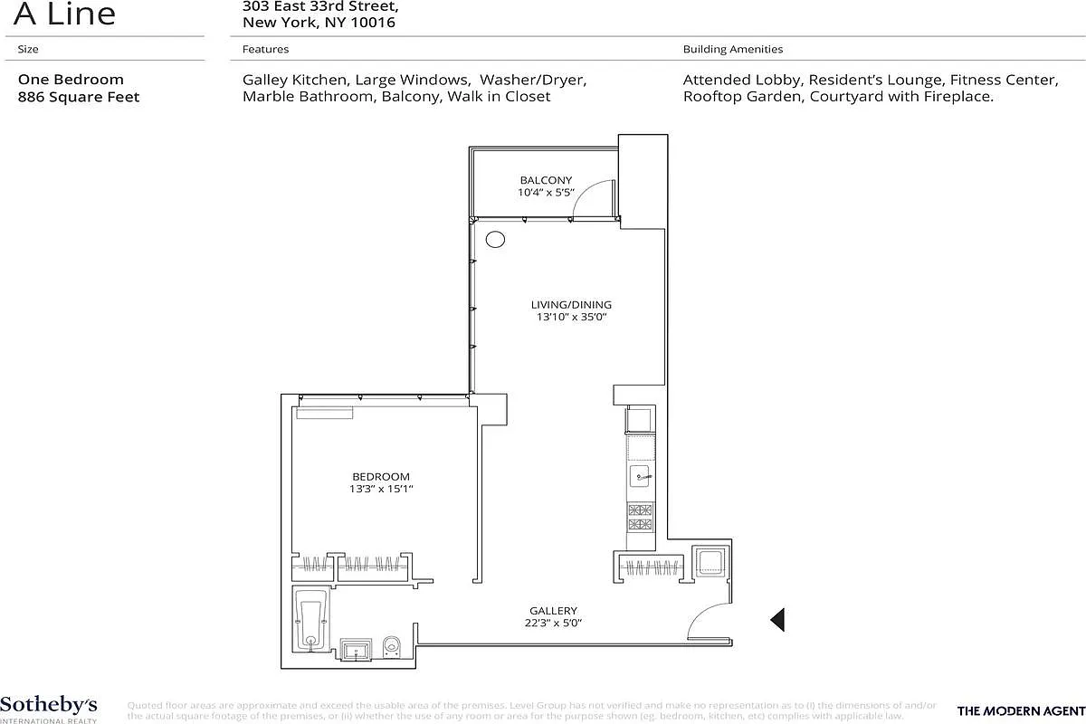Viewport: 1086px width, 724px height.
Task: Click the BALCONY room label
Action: coord(546,180)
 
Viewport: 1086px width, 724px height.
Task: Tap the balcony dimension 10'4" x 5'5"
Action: coord(546,193)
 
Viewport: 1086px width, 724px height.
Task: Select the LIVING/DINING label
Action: coord(571,305)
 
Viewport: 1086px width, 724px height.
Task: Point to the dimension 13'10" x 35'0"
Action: coord(571,318)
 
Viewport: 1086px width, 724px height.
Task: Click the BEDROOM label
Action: coord(380,477)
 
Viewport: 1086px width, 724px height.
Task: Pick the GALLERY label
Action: coord(553,611)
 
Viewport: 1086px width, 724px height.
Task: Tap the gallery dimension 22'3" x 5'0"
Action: coord(553,623)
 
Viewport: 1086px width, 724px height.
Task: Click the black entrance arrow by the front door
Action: coord(776,619)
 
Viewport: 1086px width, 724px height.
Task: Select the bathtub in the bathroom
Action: coord(311,619)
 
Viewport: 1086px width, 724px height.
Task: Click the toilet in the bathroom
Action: coord(392,646)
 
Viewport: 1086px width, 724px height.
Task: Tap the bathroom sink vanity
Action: coord(356,649)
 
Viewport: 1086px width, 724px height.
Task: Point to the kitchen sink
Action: coord(641,477)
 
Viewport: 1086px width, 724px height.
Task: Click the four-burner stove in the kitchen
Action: coord(640,517)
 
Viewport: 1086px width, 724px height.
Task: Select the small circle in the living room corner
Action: coord(495,240)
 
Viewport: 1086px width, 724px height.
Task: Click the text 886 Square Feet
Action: coord(79,97)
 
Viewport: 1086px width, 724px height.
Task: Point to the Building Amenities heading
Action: coord(733,49)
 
